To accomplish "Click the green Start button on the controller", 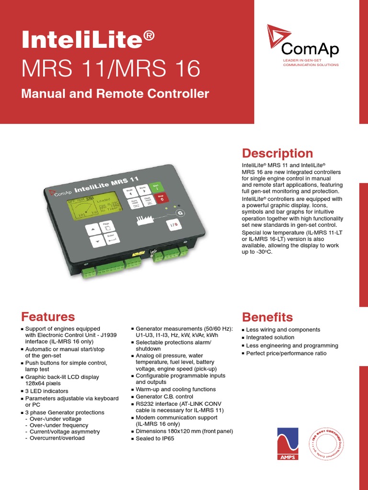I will click(x=155, y=187).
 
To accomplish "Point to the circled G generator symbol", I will click(x=180, y=213).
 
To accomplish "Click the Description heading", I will click(x=277, y=153).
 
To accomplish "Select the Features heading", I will click(x=48, y=317).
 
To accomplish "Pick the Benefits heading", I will click(x=267, y=317).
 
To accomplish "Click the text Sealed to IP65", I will click(x=155, y=438).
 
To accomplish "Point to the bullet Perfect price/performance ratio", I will click(x=286, y=353).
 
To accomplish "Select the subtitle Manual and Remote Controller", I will click(x=115, y=93).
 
